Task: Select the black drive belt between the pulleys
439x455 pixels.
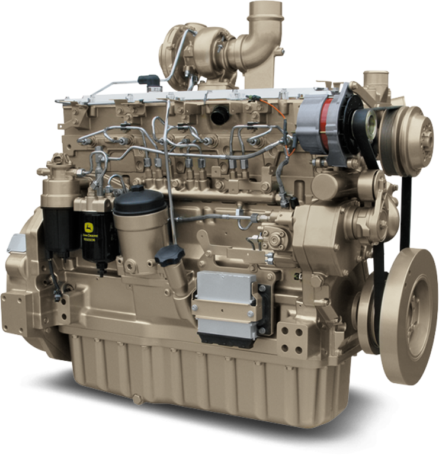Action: (405, 207)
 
